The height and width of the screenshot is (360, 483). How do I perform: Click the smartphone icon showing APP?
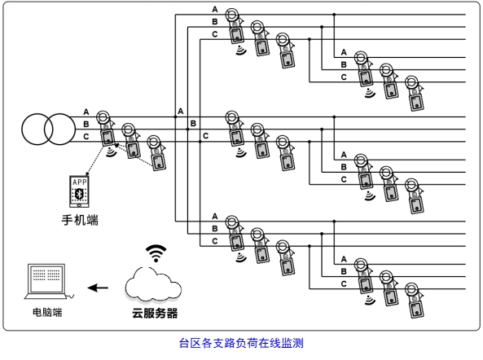pyautogui.click(x=79, y=191)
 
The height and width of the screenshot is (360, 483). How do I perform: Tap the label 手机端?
pyautogui.click(x=80, y=220)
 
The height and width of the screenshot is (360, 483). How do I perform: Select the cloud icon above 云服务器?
pyautogui.click(x=153, y=284)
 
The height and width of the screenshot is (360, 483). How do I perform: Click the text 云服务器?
pyautogui.click(x=155, y=314)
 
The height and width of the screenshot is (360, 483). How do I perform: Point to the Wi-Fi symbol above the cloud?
pyautogui.click(x=156, y=253)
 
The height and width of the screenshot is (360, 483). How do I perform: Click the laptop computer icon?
pyautogui.click(x=48, y=281)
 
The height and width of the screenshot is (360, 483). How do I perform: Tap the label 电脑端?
pyautogui.click(x=47, y=312)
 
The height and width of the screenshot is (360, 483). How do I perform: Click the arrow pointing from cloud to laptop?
pyautogui.click(x=98, y=288)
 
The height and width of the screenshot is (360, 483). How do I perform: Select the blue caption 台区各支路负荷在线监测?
pyautogui.click(x=241, y=343)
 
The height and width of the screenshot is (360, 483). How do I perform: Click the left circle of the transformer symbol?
pyautogui.click(x=22, y=130)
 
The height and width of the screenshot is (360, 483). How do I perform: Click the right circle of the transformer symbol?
pyautogui.click(x=75, y=130)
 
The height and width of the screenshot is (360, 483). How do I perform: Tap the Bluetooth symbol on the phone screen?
pyautogui.click(x=80, y=193)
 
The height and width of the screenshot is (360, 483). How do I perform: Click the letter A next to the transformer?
pyautogui.click(x=86, y=112)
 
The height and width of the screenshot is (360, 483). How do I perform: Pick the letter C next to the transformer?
pyautogui.click(x=86, y=136)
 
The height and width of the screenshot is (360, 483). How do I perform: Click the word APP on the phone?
pyautogui.click(x=80, y=182)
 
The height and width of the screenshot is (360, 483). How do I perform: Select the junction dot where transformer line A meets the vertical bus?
pyautogui.click(x=175, y=117)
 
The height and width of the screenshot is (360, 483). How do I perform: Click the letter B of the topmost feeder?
pyautogui.click(x=215, y=22)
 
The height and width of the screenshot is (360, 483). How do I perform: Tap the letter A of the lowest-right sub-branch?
pyautogui.click(x=344, y=259)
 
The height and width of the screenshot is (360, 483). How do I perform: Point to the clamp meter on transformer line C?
pyautogui.click(x=157, y=152)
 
